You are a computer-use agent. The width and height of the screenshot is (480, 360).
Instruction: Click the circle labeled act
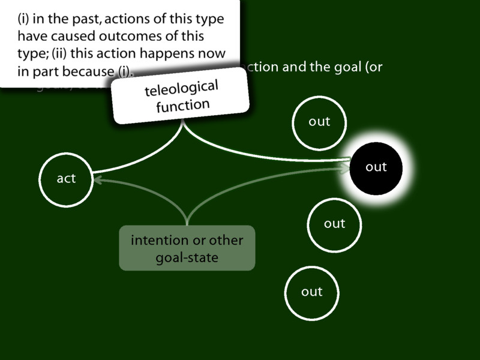[66, 179]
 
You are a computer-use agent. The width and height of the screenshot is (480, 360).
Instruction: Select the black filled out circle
[376, 167]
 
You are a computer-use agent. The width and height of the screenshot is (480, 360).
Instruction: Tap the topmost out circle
[319, 122]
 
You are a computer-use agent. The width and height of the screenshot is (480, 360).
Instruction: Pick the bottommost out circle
[312, 292]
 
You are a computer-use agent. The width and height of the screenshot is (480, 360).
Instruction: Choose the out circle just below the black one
[334, 224]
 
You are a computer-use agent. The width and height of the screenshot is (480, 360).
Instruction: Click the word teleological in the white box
[181, 89]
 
